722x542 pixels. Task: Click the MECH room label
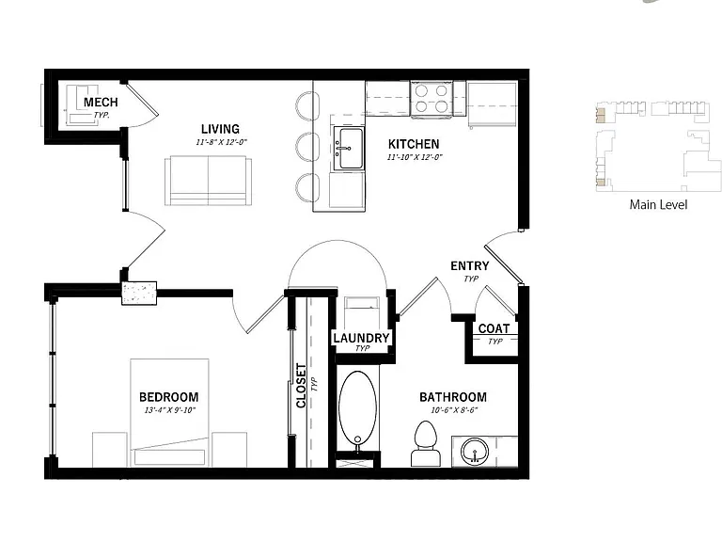pyautogui.click(x=101, y=102)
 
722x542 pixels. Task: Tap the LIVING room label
pyautogui.click(x=220, y=129)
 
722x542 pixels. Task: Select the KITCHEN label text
pyautogui.click(x=414, y=144)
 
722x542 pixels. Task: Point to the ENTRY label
pyautogui.click(x=470, y=265)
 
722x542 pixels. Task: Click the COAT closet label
pyautogui.click(x=494, y=328)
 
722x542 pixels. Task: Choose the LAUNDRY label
pyautogui.click(x=361, y=338)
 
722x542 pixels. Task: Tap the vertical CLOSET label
pyautogui.click(x=301, y=386)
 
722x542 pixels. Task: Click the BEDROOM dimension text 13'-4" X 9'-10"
pyautogui.click(x=170, y=410)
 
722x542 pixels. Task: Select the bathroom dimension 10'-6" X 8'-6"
pyautogui.click(x=454, y=410)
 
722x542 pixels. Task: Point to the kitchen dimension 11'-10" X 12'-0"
pyautogui.click(x=415, y=157)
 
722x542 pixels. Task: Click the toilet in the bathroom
pyautogui.click(x=426, y=443)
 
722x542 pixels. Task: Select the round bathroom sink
pyautogui.click(x=475, y=451)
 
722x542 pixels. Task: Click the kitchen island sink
pyautogui.click(x=349, y=148)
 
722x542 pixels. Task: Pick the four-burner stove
pyautogui.click(x=432, y=99)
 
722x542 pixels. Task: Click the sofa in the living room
pyautogui.click(x=208, y=181)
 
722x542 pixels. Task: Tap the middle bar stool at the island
pyautogui.click(x=307, y=148)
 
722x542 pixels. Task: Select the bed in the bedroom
pyautogui.click(x=169, y=412)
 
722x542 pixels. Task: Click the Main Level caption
pyautogui.click(x=658, y=204)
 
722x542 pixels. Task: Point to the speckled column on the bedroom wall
pyautogui.click(x=139, y=294)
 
